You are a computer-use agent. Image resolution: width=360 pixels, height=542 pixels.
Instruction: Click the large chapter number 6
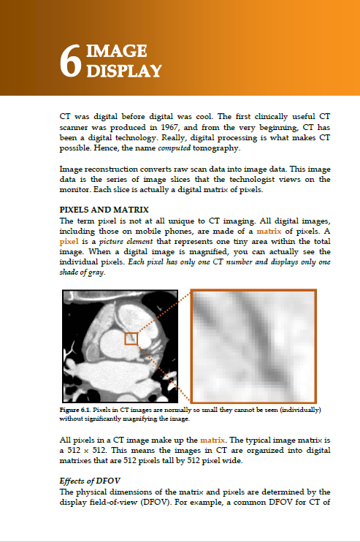[x=70, y=61]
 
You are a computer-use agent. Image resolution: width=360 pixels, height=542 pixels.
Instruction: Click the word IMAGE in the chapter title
[x=116, y=51]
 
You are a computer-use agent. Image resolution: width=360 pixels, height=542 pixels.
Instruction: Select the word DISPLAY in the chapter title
[x=125, y=71]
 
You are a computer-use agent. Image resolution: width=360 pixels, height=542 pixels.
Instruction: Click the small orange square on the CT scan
[x=131, y=339]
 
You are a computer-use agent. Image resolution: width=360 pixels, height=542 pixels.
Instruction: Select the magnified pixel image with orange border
[x=253, y=346]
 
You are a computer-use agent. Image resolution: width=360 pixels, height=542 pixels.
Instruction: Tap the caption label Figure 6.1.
[x=76, y=411]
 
